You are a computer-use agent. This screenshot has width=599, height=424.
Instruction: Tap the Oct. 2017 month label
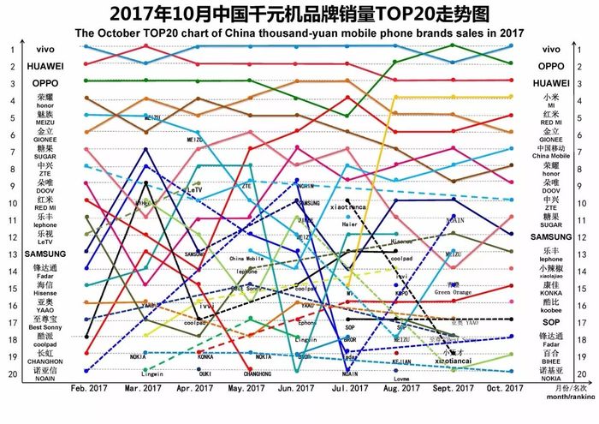(x=506, y=388)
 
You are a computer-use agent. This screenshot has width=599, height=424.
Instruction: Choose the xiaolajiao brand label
(x=552, y=277)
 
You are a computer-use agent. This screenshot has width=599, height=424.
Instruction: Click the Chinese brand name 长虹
(x=44, y=352)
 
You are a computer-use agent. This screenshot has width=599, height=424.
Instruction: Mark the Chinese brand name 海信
(x=44, y=284)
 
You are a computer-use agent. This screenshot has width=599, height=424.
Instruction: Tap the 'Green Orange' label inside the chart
(x=454, y=293)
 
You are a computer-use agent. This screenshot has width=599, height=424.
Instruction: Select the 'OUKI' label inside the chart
(x=205, y=374)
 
